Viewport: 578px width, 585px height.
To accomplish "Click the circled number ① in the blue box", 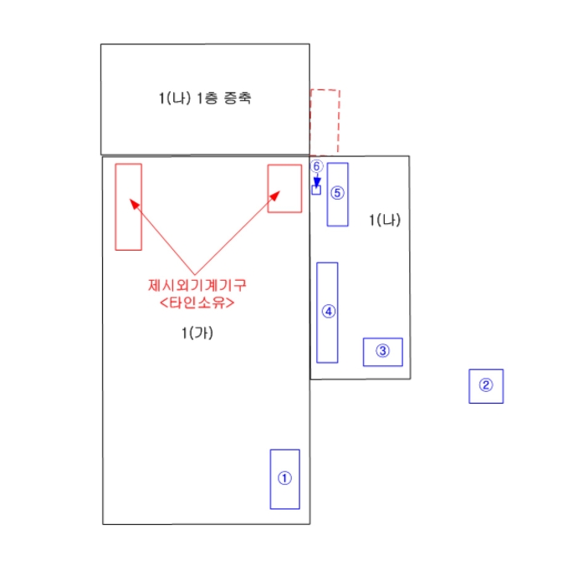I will click(284, 479).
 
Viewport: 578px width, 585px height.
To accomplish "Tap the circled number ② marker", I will click(486, 385).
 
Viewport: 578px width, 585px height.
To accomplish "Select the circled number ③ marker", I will click(382, 351).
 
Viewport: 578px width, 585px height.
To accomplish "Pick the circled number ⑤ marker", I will click(337, 193).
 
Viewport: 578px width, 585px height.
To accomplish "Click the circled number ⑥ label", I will click(316, 165).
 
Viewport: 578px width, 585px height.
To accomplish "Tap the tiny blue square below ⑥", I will click(316, 191).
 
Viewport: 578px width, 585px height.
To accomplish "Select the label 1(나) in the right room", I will click(385, 221).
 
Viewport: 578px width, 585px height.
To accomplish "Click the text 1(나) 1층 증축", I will click(205, 98).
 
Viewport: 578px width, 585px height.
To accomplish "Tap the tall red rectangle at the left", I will click(128, 206).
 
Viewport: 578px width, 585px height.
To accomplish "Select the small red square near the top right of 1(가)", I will click(284, 189).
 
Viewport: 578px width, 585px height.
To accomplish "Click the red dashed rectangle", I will click(325, 121).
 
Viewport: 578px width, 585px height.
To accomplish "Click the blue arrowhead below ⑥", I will click(316, 181).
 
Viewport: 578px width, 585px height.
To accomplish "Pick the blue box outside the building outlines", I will click(486, 385).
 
